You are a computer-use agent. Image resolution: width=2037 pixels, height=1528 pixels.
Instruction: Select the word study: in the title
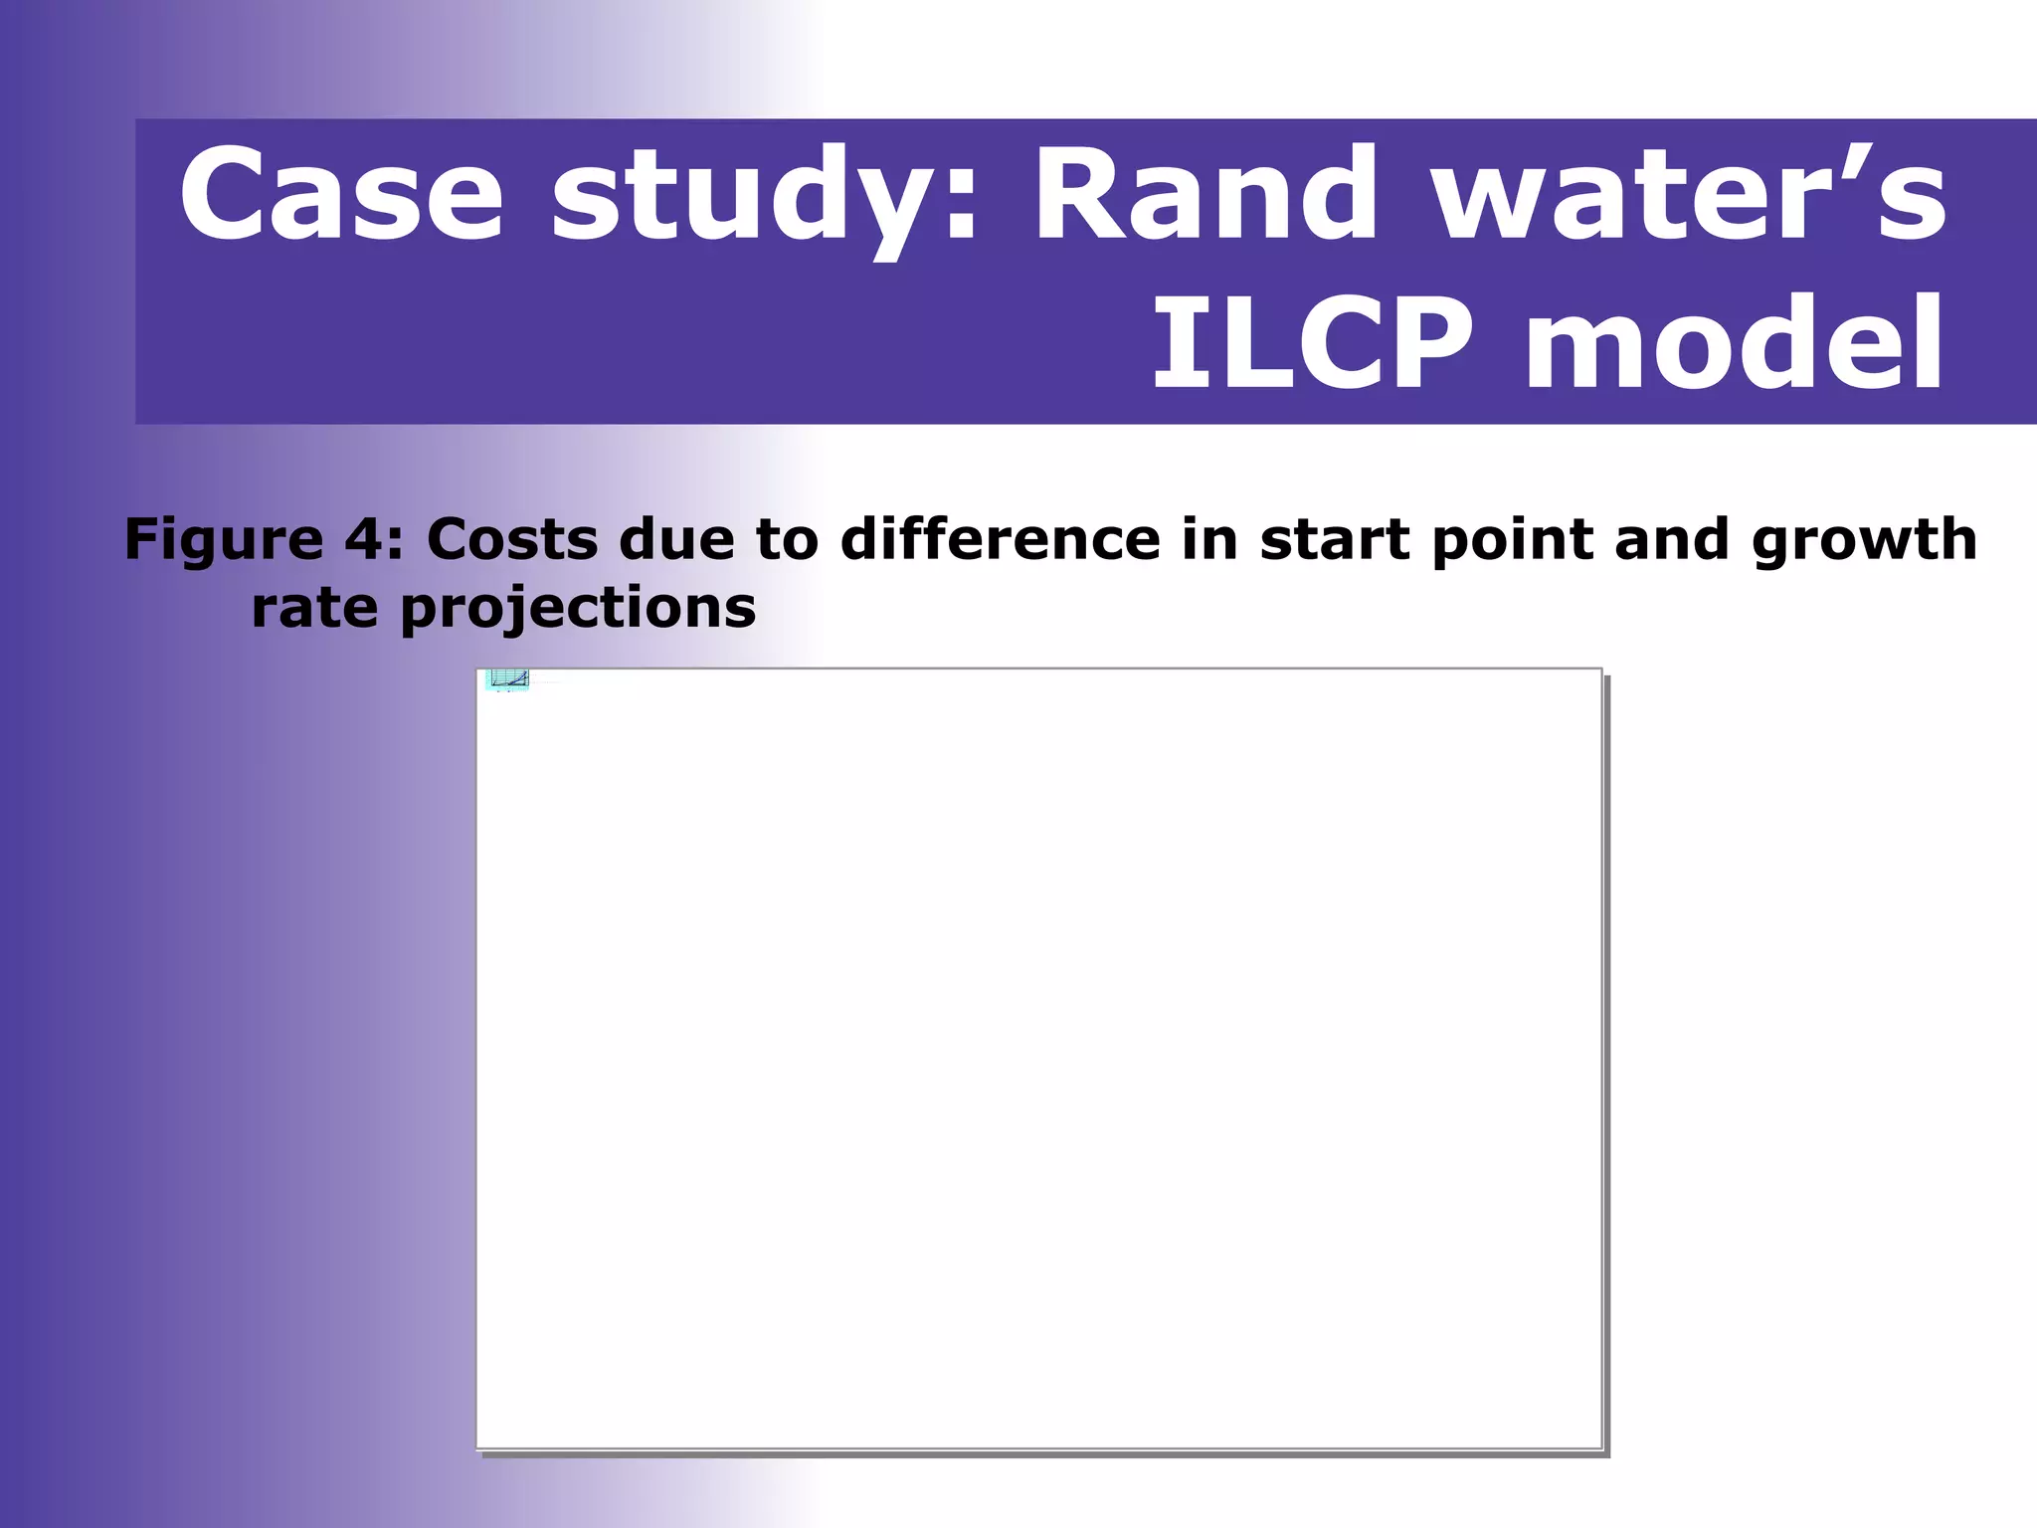coord(765,195)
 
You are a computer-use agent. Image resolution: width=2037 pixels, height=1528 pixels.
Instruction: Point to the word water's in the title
coord(1690,195)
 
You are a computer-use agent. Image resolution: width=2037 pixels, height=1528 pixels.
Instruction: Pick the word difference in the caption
coord(1001,539)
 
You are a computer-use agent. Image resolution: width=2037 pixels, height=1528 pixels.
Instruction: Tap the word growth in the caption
coord(1864,540)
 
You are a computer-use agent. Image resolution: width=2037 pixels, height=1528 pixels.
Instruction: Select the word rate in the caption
coord(314,608)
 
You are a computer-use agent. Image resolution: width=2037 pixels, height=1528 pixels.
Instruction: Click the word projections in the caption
coord(578,608)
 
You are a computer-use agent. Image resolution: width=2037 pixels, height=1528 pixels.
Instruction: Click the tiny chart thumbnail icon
coord(508,679)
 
